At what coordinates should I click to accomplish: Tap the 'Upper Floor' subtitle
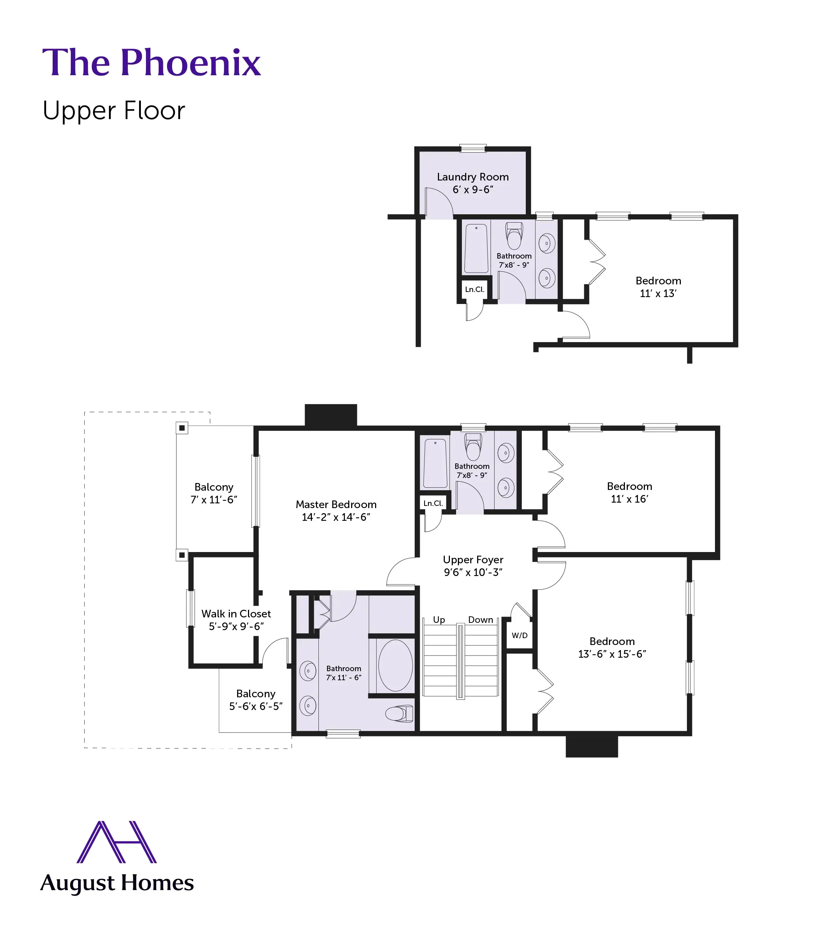coord(114,111)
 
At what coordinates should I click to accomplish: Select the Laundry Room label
coord(472,177)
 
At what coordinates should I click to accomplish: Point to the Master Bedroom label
coord(336,504)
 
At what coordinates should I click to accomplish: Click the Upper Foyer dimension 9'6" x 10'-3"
coord(473,572)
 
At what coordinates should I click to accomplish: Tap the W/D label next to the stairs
coord(519,635)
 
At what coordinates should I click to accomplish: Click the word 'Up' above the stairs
coord(439,619)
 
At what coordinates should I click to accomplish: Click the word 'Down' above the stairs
coord(480,619)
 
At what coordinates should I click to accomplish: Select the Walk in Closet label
coord(236,614)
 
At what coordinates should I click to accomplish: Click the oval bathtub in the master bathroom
coord(395,665)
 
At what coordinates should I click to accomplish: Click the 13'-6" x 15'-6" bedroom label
coord(612,654)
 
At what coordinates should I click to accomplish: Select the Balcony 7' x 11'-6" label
coord(214,494)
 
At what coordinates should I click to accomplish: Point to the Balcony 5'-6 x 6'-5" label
coord(255,700)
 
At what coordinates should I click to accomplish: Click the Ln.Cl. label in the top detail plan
coord(474,289)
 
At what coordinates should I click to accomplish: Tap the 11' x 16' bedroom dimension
coord(629,499)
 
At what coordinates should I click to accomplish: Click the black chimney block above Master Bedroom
coord(330,415)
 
